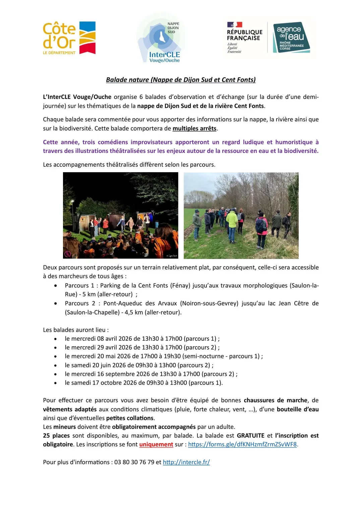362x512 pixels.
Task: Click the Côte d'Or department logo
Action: pyautogui.click(x=69, y=38)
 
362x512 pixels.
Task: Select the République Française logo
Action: pyautogui.click(x=244, y=38)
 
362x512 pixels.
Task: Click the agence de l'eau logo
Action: pyautogui.click(x=291, y=38)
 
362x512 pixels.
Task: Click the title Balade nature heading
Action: pyautogui.click(x=181, y=80)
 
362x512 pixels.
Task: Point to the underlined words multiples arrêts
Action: pyautogui.click(x=194, y=129)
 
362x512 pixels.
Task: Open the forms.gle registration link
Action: pyautogui.click(x=242, y=445)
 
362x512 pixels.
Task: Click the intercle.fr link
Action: pyautogui.click(x=186, y=462)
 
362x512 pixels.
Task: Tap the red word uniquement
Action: pyautogui.click(x=156, y=445)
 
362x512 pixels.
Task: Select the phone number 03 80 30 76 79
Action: pyautogui.click(x=134, y=462)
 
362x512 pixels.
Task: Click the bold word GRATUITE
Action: pyautogui.click(x=250, y=436)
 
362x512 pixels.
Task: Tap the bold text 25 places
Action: pyautogui.click(x=56, y=436)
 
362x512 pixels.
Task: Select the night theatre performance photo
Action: pyautogui.click(x=121, y=215)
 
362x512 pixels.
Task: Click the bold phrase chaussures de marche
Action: pyautogui.click(x=275, y=400)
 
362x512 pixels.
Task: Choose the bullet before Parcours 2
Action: pyautogui.click(x=56, y=303)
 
